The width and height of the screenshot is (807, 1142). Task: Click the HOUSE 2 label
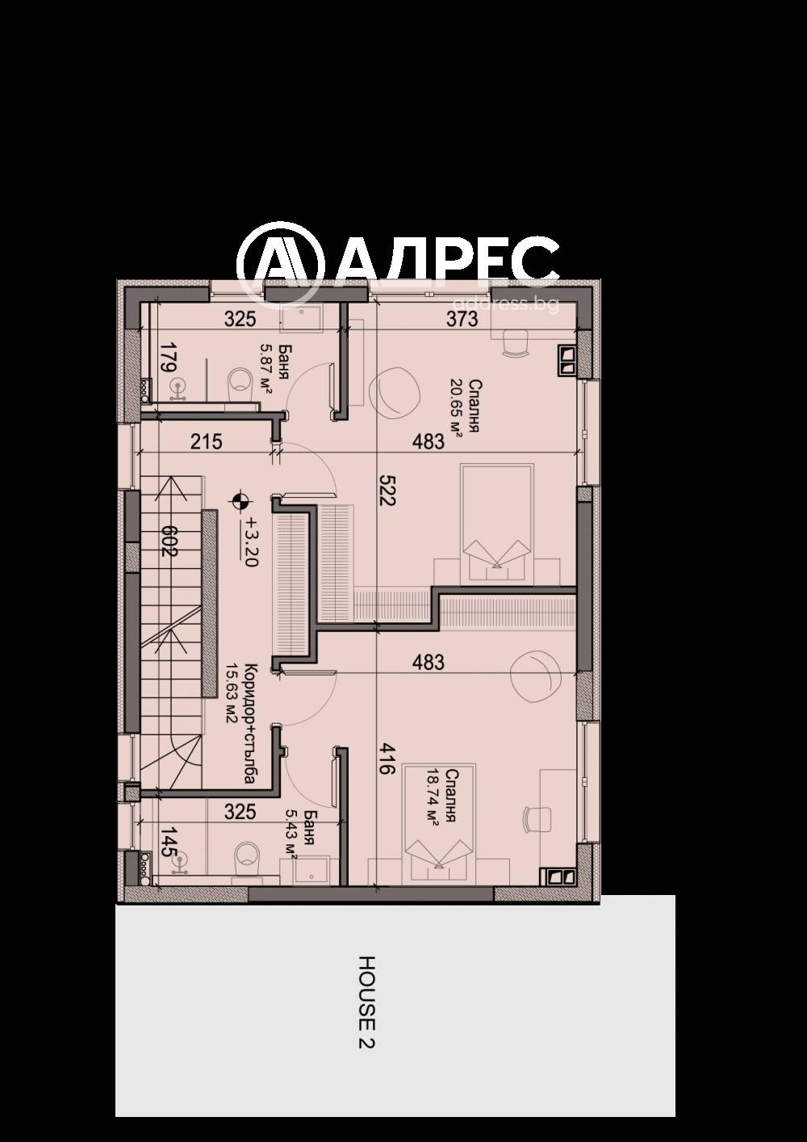367,1002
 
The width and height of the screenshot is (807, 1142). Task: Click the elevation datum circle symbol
238,502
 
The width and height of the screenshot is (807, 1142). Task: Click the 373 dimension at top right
462,320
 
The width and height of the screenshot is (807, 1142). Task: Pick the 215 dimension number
207,441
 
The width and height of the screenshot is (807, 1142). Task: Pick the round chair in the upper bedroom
395,392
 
